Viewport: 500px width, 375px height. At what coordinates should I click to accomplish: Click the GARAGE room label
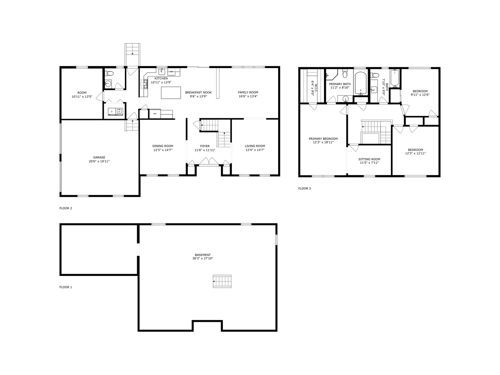pyautogui.click(x=99, y=157)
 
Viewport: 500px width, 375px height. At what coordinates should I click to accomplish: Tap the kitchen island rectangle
pyautogui.click(x=171, y=93)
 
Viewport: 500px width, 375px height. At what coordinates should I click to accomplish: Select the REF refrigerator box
pyautogui.click(x=155, y=114)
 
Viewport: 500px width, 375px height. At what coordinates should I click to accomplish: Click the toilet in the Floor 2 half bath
pyautogui.click(x=109, y=73)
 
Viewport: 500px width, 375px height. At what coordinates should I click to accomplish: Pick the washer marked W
pyautogui.click(x=119, y=112)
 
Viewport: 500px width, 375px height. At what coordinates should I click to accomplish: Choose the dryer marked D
pyautogui.click(x=112, y=112)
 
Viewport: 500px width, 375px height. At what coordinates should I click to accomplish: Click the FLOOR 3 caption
pyautogui.click(x=304, y=188)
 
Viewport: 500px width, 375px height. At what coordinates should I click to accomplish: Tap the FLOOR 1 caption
pyautogui.click(x=66, y=287)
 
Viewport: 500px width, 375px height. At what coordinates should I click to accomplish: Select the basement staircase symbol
pyautogui.click(x=222, y=282)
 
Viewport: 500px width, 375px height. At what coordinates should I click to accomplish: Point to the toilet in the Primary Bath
pyautogui.click(x=345, y=73)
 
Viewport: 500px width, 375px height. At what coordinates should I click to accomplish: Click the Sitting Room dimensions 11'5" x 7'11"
pyautogui.click(x=369, y=163)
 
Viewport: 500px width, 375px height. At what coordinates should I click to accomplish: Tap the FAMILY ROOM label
pyautogui.click(x=248, y=92)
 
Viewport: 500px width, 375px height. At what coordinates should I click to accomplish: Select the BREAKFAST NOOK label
pyautogui.click(x=198, y=92)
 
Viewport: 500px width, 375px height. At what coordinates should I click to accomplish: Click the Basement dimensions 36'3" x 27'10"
pyautogui.click(x=202, y=258)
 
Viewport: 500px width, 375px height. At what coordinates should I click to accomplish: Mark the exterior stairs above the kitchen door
pyautogui.click(x=132, y=55)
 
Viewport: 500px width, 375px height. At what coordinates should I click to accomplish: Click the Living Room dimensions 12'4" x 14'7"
pyautogui.click(x=255, y=150)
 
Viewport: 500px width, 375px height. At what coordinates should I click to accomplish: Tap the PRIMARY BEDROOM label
pyautogui.click(x=323, y=139)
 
